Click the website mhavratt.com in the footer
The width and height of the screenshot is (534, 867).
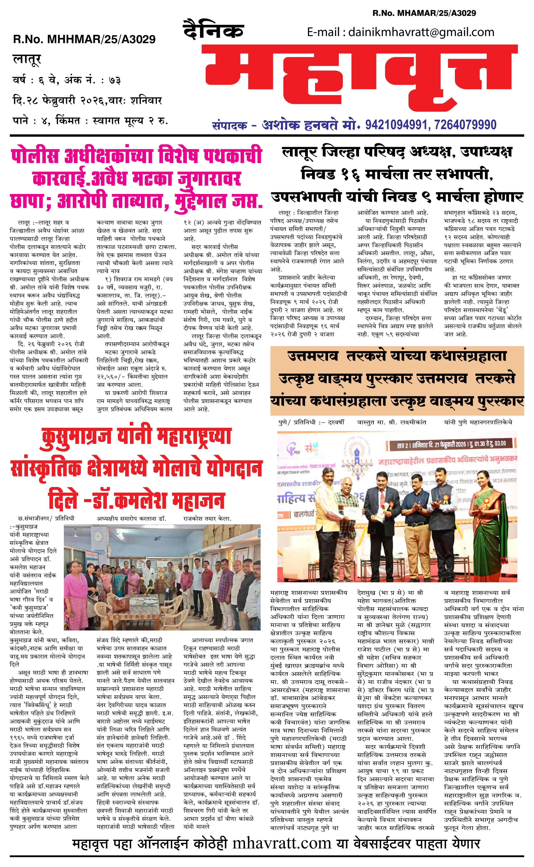click(x=282, y=844)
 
